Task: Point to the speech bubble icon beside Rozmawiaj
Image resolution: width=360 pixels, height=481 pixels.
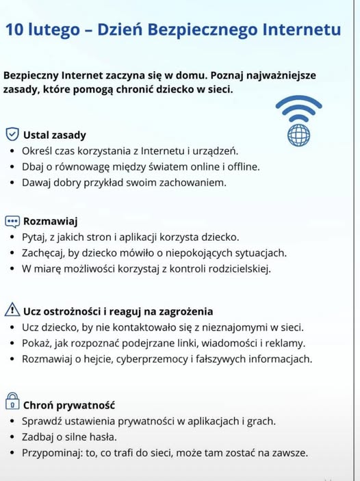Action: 12,221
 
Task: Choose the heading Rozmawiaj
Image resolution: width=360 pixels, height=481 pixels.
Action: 51,221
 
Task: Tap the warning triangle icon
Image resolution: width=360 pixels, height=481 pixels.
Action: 12,310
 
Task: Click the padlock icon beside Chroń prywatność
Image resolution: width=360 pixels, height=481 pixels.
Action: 12,403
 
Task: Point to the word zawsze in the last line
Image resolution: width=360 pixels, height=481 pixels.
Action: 290,452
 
